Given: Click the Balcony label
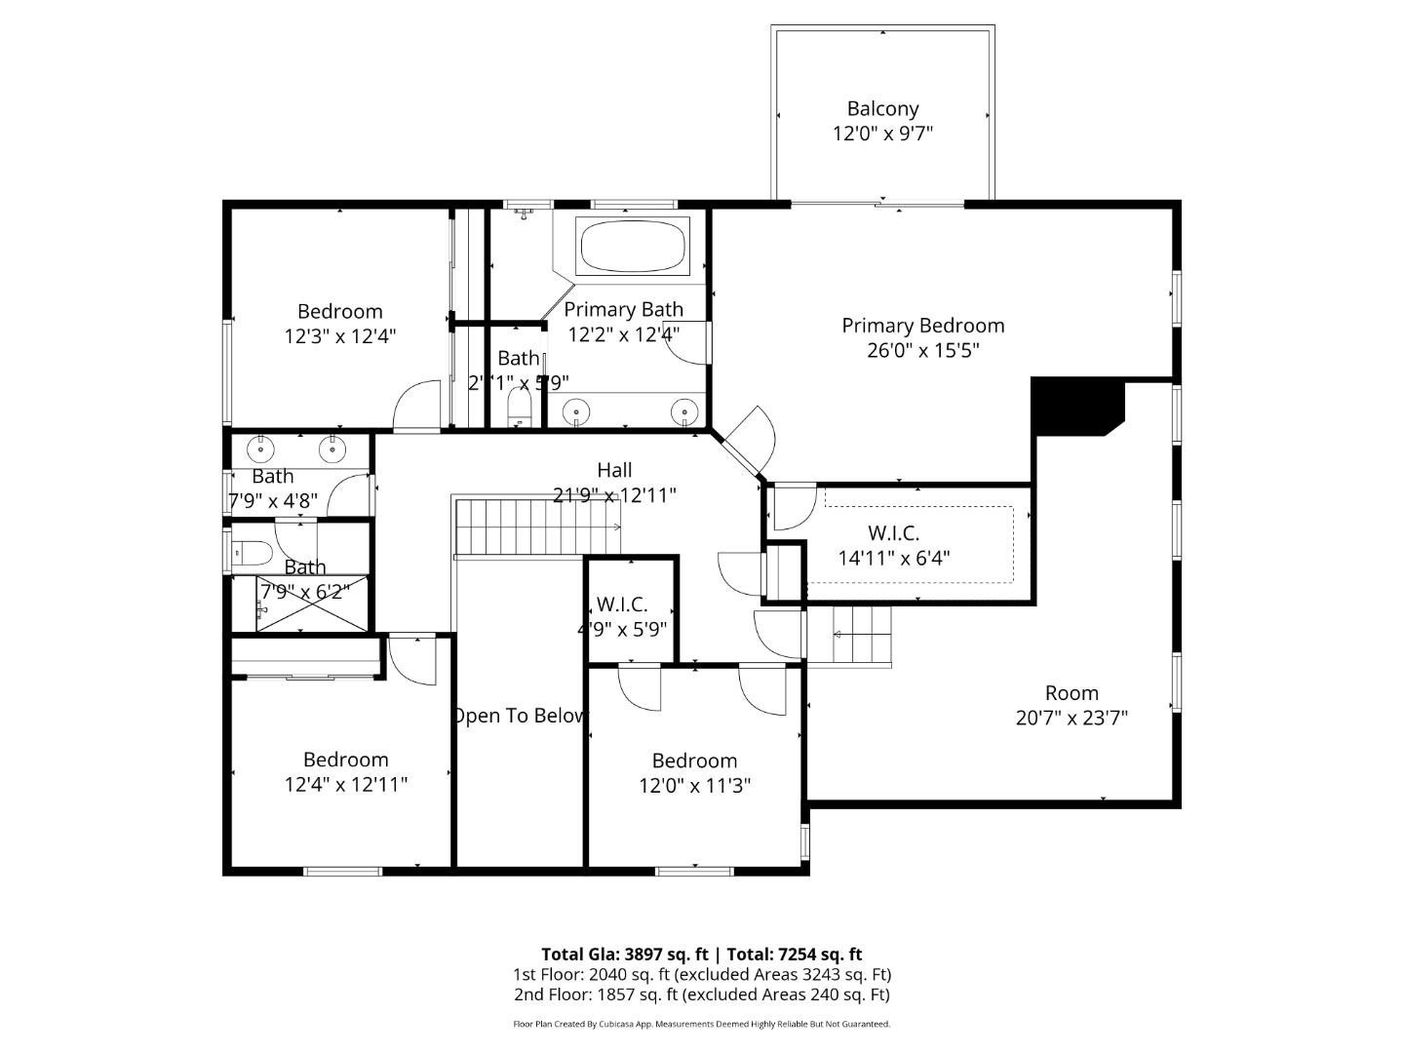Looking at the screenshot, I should (x=882, y=109).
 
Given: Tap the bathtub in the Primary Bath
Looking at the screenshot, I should (x=634, y=246).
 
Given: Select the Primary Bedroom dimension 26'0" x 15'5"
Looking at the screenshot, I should (x=922, y=350).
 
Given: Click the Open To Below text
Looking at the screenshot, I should (x=520, y=716).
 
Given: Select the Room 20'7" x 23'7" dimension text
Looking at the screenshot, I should (x=1072, y=719).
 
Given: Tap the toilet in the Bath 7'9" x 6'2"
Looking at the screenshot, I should (x=252, y=554).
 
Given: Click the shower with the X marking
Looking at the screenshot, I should (x=314, y=604).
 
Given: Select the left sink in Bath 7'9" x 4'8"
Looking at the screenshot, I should (x=260, y=449).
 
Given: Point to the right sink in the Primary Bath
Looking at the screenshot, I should (x=686, y=412).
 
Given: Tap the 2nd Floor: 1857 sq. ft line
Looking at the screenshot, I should (x=701, y=994).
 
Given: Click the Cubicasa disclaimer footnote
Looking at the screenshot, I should (x=701, y=1024).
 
